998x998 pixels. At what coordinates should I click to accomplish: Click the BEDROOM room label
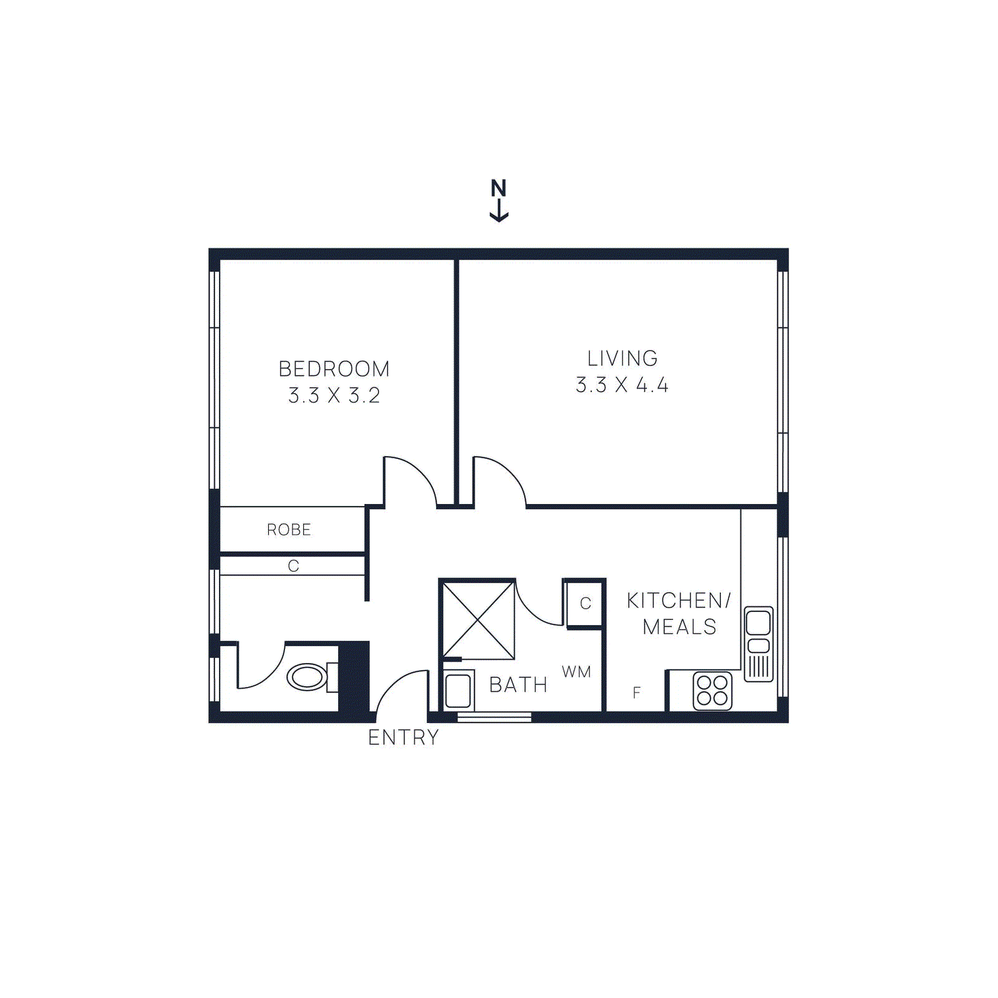click(334, 369)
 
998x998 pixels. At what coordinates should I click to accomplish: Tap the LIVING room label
click(622, 358)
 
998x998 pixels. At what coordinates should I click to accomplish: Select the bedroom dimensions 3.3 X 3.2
click(334, 395)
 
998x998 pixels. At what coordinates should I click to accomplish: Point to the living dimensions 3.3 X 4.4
click(622, 385)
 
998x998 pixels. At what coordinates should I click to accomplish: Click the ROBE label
click(289, 530)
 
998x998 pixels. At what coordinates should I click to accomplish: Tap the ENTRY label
click(403, 737)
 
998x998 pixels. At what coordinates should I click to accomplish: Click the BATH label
click(518, 685)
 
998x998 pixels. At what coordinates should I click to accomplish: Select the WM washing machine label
click(576, 672)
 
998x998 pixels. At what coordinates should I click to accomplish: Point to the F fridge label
click(636, 692)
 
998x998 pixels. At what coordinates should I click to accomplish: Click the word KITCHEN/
click(679, 600)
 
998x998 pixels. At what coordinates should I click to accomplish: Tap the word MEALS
click(679, 626)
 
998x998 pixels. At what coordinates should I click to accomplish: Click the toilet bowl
click(307, 677)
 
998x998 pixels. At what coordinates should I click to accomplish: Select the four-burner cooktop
click(712, 690)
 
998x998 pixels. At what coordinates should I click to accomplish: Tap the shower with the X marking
click(478, 619)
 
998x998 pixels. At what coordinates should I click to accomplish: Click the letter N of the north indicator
click(498, 188)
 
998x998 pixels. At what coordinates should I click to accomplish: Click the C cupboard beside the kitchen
click(585, 603)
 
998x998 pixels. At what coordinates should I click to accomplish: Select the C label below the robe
click(293, 566)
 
